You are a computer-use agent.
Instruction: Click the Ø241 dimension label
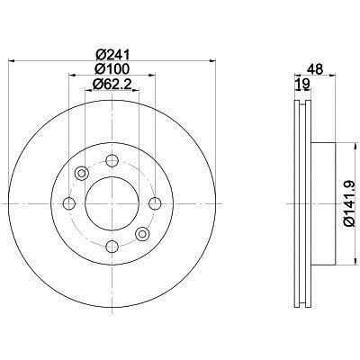tap(112, 55)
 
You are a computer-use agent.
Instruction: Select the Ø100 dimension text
tap(112, 69)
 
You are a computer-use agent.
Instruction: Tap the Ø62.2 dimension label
tap(112, 84)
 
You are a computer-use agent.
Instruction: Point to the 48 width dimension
tap(315, 69)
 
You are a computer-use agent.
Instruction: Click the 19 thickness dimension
tap(302, 84)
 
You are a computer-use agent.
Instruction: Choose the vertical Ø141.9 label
tap(350, 204)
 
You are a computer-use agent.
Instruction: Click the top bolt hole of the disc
tap(112, 161)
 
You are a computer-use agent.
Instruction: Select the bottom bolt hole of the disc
tap(112, 247)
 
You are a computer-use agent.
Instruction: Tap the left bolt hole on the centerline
tap(69, 203)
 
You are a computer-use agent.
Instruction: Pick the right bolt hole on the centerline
tap(155, 203)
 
